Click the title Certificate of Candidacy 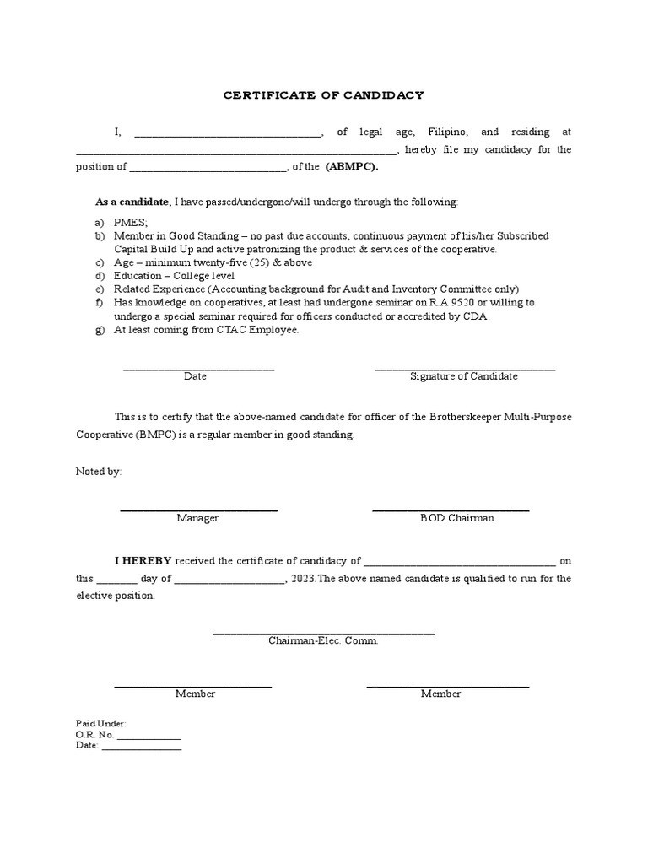323,95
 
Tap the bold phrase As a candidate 132,202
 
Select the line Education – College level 175,276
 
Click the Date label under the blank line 195,376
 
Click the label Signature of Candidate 463,376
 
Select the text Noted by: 99,472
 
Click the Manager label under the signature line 197,518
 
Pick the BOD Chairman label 456,518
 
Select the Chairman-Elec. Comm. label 323,640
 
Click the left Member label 195,694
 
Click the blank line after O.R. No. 148,735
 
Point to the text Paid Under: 100,724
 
